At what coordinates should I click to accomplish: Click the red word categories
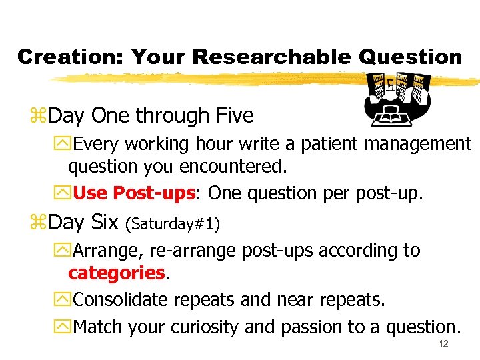point(116,273)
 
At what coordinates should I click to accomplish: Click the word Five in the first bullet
point(234,116)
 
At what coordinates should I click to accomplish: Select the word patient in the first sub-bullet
point(333,143)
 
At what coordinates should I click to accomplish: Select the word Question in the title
point(410,57)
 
